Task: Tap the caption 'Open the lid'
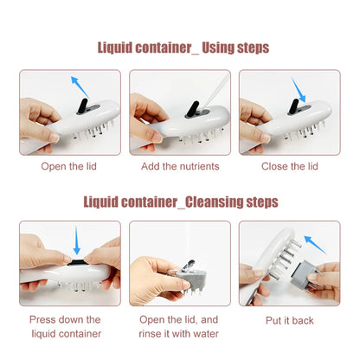coord(70,165)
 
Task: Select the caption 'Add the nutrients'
coord(180,165)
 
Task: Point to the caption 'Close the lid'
coord(289,165)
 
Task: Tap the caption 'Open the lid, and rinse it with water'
coord(180,325)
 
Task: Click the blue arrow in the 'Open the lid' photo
coord(79,85)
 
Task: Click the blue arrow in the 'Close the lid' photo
coord(299,89)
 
